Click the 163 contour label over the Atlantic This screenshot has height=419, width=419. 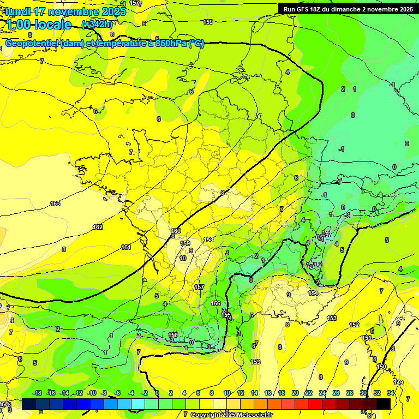[x=55, y=203]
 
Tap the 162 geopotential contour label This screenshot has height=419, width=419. [x=98, y=227]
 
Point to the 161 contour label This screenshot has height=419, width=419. [x=126, y=247]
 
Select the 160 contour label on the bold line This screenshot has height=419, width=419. [x=176, y=231]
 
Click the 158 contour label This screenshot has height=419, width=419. [x=208, y=240]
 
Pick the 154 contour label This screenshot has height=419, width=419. [x=313, y=293]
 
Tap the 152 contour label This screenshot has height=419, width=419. [x=355, y=325]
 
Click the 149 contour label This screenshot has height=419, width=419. [x=399, y=382]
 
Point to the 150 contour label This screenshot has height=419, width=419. [x=381, y=367]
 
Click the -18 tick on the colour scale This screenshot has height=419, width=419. [x=38, y=393]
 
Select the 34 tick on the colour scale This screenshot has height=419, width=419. [x=391, y=393]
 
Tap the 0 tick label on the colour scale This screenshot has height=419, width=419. [x=157, y=393]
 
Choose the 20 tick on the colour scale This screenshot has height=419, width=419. [x=295, y=393]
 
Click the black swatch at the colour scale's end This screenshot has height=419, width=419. [x=384, y=404]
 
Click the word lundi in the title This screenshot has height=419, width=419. [x=20, y=11]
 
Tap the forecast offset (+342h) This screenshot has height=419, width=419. [x=97, y=24]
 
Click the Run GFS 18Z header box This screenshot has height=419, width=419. [x=348, y=9]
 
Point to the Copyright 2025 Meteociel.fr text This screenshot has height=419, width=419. [x=231, y=415]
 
